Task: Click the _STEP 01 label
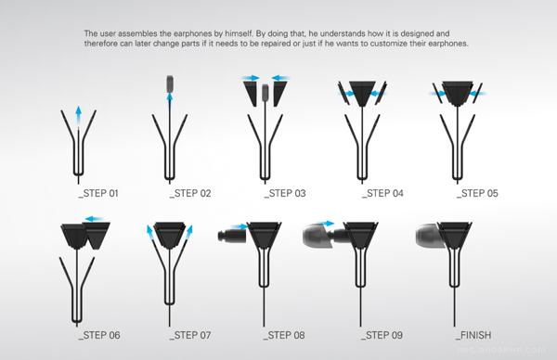[x=98, y=194]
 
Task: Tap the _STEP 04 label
[x=382, y=194]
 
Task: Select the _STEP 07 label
[x=190, y=335]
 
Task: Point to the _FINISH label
[x=473, y=335]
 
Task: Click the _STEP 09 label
[x=382, y=335]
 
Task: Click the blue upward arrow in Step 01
[x=79, y=115]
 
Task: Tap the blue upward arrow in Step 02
[x=170, y=100]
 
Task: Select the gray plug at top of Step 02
[x=170, y=84]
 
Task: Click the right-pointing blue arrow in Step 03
[x=251, y=78]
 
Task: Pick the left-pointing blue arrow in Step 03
[x=281, y=78]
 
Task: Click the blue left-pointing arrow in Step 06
[x=94, y=219]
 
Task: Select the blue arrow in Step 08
[x=240, y=226]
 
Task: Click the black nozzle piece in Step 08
[x=232, y=237]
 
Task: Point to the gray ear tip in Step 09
[x=318, y=236]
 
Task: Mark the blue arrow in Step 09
[x=324, y=224]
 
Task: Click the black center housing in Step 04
[x=362, y=93]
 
